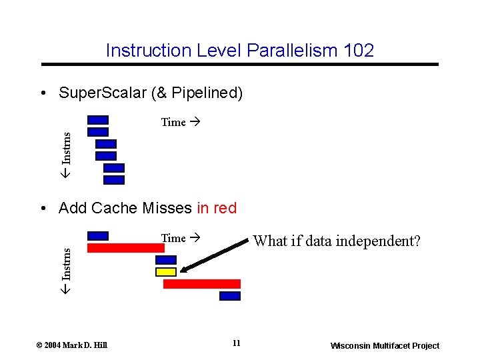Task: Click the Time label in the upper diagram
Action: pyautogui.click(x=174, y=122)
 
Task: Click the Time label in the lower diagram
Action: pyautogui.click(x=174, y=238)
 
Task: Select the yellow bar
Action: pyautogui.click(x=166, y=272)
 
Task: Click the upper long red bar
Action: pyautogui.click(x=126, y=247)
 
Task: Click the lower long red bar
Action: pyautogui.click(x=201, y=284)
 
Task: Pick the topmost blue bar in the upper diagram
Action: pyautogui.click(x=98, y=120)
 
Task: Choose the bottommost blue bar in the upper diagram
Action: pyautogui.click(x=114, y=179)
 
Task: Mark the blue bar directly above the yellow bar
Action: pyautogui.click(x=166, y=260)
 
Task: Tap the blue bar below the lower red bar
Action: pyautogui.click(x=230, y=296)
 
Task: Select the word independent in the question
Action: pyautogui.click(x=360, y=241)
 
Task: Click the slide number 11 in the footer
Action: pyautogui.click(x=236, y=343)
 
